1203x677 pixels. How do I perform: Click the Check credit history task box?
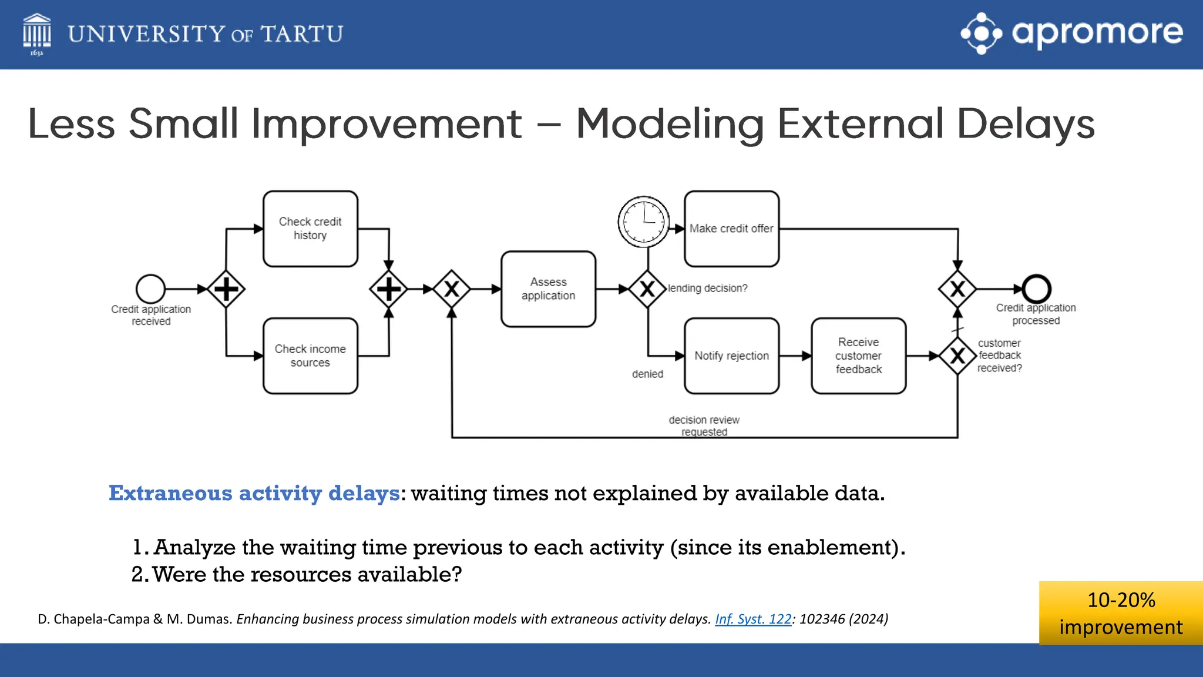[x=310, y=229]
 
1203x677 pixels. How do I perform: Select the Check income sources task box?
[x=310, y=356]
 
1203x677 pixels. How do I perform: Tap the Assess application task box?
[x=548, y=289]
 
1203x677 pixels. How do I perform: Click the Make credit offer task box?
[x=731, y=229]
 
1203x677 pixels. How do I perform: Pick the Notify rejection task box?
[x=731, y=356]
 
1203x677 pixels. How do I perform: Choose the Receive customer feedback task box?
[x=858, y=356]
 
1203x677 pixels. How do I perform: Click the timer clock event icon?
[x=644, y=222]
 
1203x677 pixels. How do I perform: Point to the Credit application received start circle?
[x=150, y=289]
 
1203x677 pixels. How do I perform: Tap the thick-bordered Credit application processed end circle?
[x=1036, y=289]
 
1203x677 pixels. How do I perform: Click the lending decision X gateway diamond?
[x=647, y=289]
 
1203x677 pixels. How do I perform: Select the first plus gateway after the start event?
[x=226, y=289]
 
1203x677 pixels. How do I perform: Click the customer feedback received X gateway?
[x=957, y=356]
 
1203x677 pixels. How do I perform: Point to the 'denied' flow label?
[x=647, y=374]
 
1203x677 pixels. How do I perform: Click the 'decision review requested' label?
[x=704, y=425]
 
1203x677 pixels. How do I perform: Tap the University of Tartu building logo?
[x=36, y=33]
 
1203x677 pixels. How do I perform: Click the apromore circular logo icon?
[x=981, y=33]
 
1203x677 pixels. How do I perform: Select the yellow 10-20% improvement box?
[x=1120, y=613]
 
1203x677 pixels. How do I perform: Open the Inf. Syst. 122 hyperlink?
[x=752, y=619]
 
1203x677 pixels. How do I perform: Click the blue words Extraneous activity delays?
[x=254, y=493]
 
